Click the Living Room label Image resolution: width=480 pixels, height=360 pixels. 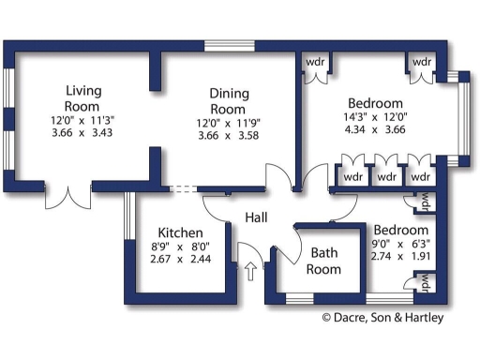click(82, 98)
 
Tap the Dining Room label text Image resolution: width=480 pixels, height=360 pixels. click(227, 100)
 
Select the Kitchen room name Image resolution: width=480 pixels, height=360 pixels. click(180, 232)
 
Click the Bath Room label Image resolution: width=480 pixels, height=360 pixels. click(325, 261)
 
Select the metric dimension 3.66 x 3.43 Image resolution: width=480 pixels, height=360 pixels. click(82, 134)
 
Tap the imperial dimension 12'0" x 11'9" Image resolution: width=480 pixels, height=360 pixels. click(227, 123)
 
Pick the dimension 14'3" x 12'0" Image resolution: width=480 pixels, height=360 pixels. click(375, 118)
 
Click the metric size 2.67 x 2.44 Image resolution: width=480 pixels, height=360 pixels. click(180, 260)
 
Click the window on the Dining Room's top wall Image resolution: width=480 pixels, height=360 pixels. click(230, 45)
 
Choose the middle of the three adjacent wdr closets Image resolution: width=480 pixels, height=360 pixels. click(386, 176)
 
